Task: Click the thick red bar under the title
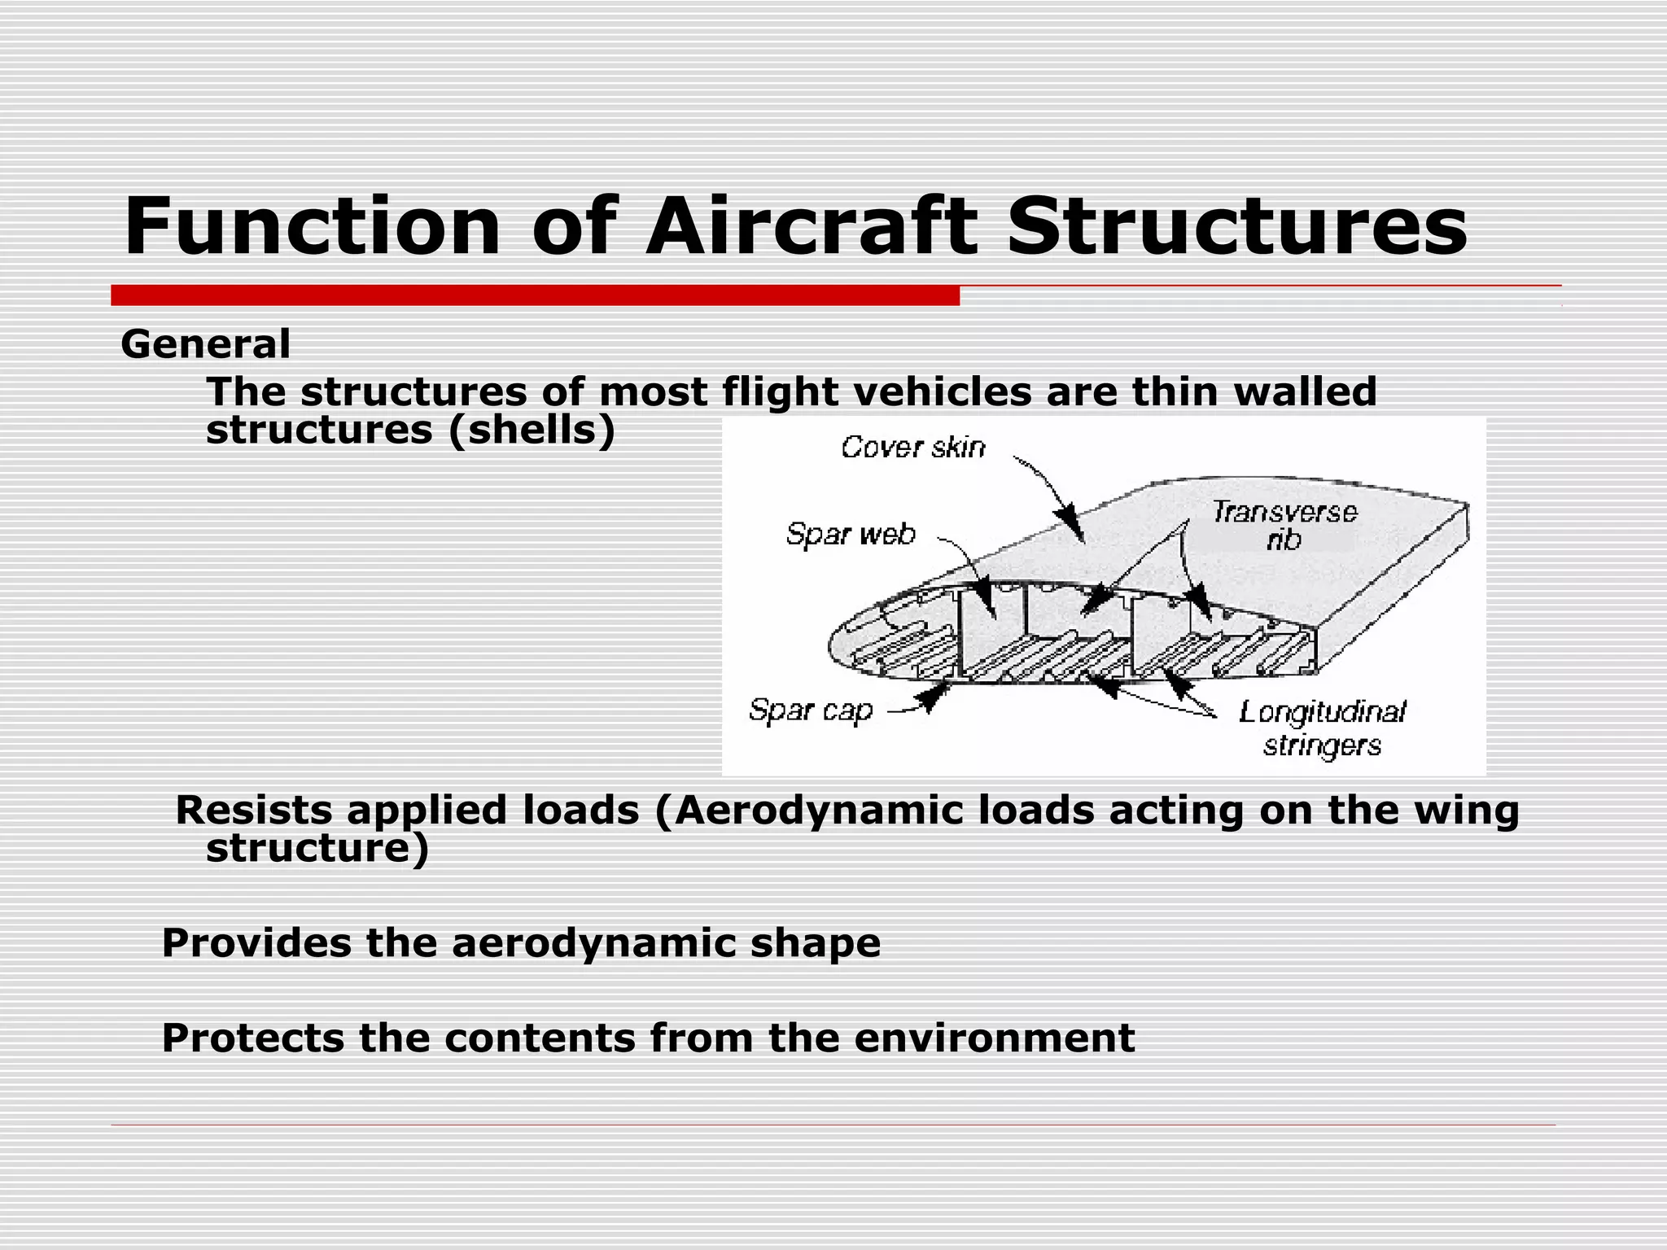[535, 295]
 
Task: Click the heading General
[205, 344]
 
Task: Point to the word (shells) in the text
[532, 431]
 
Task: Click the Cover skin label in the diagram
[912, 448]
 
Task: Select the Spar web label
[851, 535]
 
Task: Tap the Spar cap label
[811, 710]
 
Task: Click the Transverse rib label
[1284, 525]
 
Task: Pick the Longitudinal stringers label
[1322, 728]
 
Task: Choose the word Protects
[253, 1038]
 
